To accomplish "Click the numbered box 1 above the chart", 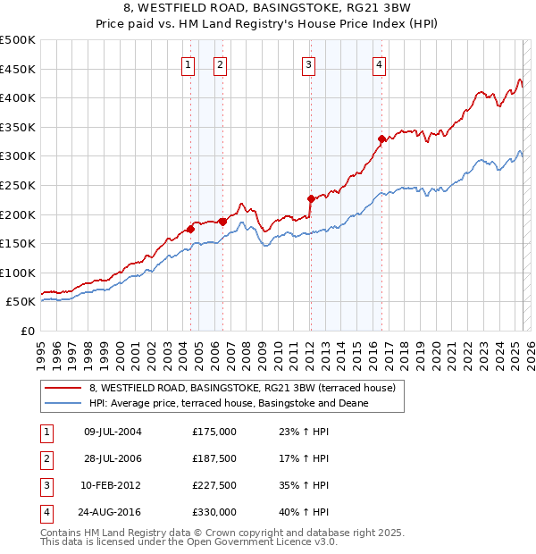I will click(188, 64).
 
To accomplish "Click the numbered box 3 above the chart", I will click(308, 64).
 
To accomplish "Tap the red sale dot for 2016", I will click(381, 138).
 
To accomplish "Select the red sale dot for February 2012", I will click(311, 198).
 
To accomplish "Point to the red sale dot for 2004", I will click(190, 229).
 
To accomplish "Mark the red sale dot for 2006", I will click(222, 222).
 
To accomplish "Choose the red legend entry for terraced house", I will click(247, 388).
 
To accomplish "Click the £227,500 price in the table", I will click(214, 487).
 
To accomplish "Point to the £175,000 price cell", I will click(214, 432).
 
